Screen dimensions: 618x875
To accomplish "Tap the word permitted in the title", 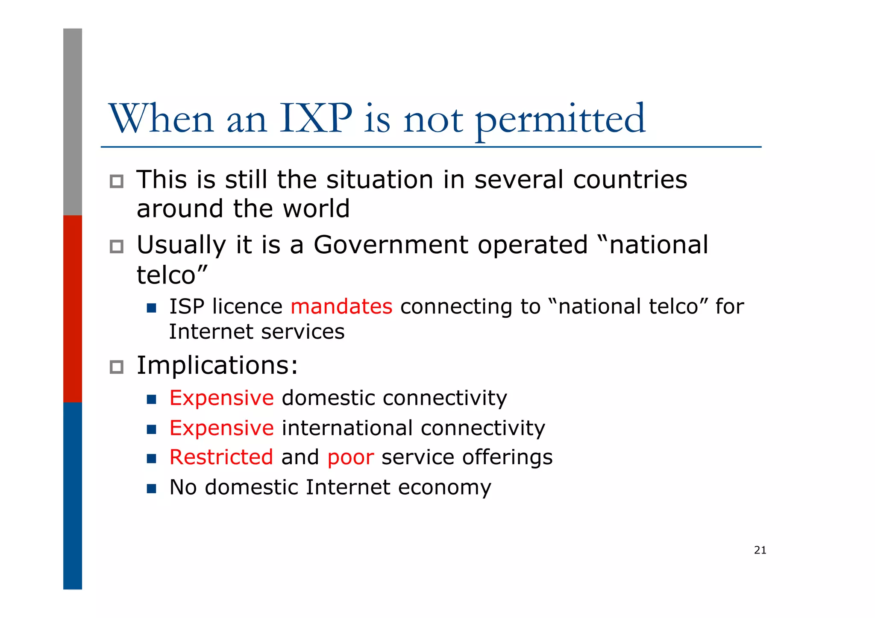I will coord(560,120).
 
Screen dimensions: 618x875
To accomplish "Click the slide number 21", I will coord(760,550).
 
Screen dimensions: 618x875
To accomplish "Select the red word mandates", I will coord(341,307).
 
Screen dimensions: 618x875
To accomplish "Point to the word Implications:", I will coord(217,366).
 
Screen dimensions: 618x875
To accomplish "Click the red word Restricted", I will coord(221,457).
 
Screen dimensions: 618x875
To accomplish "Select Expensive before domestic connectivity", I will coord(221,398).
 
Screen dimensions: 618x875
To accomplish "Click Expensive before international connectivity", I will coord(221,428).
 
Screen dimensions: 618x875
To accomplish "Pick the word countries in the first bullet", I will coord(630,179).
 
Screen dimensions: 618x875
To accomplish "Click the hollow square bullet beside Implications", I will coord(116,367).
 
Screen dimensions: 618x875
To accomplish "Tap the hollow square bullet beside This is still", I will coord(116,182).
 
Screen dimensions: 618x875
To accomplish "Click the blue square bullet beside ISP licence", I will coord(151,308).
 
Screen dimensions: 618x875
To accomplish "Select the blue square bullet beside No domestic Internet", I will coord(151,488).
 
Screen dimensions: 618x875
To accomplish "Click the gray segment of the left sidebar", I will coord(73,122).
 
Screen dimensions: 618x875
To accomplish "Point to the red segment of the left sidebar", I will coord(73,308).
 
